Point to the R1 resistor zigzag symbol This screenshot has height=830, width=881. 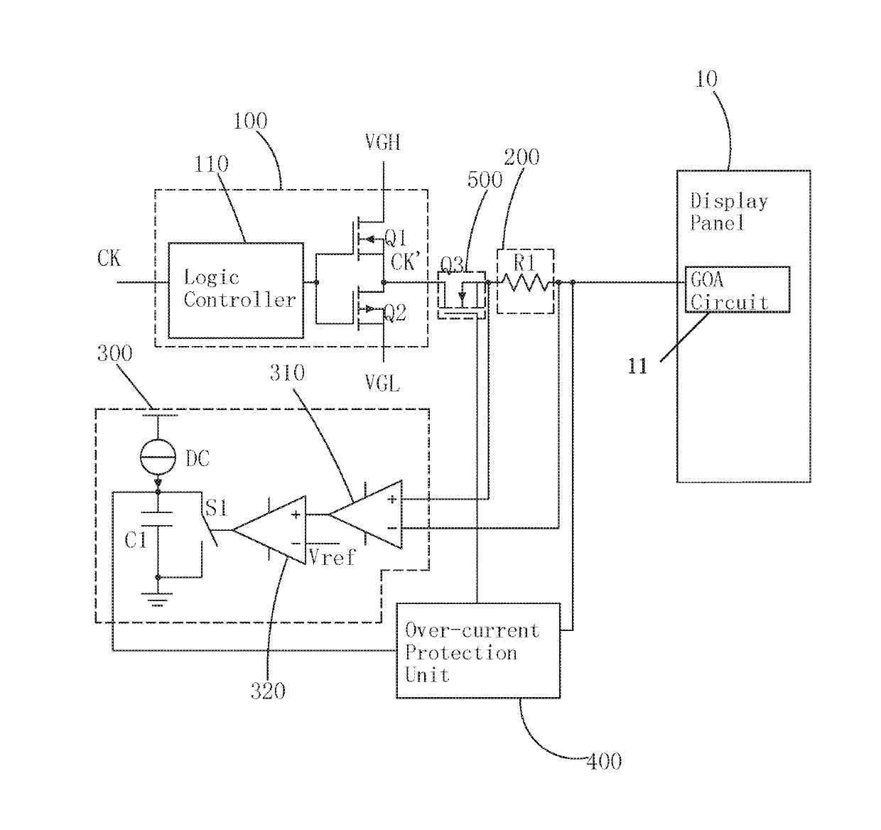click(526, 282)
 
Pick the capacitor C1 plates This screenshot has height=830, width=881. click(156, 519)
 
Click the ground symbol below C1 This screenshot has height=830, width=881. click(157, 600)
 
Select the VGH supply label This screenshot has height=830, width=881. click(382, 142)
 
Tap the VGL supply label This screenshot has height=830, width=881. click(382, 383)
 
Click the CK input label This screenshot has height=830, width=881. click(109, 258)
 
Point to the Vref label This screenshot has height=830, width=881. click(332, 557)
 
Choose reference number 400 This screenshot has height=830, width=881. click(604, 761)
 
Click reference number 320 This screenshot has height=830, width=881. click(268, 691)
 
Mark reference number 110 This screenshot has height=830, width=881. click(211, 163)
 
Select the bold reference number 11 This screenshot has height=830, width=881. click(637, 367)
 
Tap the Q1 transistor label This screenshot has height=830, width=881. click(396, 238)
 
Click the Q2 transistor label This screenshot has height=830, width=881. click(395, 313)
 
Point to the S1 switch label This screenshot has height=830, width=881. click(217, 507)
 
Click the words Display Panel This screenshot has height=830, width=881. click(728, 212)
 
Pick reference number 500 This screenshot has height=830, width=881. click(485, 180)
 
